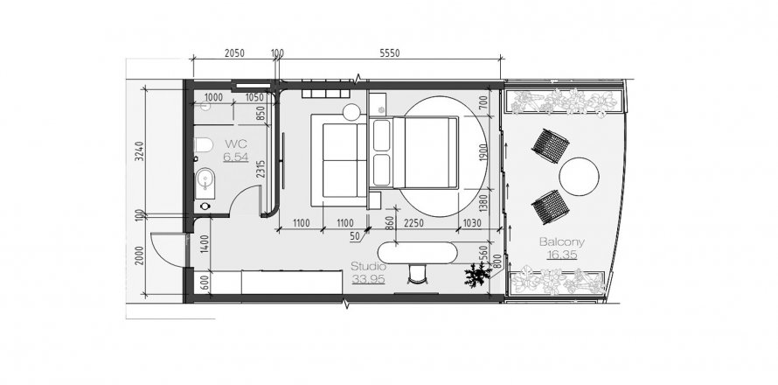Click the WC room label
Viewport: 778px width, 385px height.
click(x=236, y=144)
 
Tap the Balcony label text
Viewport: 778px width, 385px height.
click(x=562, y=242)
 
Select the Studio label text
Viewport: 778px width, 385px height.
click(x=368, y=266)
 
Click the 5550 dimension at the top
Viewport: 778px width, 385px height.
click(x=390, y=53)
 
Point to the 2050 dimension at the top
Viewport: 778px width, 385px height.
click(x=234, y=53)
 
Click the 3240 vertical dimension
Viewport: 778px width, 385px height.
click(x=139, y=152)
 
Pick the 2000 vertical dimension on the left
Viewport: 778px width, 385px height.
click(x=139, y=255)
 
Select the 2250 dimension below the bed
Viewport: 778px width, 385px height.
click(x=413, y=223)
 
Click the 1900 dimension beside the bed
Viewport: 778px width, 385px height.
click(x=484, y=152)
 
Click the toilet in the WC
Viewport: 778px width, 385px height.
click(x=204, y=144)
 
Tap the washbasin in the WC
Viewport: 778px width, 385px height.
click(x=205, y=183)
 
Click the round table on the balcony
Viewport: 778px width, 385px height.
click(x=579, y=177)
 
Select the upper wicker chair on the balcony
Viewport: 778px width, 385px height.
click(x=550, y=145)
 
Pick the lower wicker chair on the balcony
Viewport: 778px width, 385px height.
click(x=550, y=206)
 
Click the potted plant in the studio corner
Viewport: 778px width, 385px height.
click(x=477, y=275)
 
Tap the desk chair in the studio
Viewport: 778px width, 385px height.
click(x=417, y=274)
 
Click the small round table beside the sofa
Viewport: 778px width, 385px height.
click(x=351, y=112)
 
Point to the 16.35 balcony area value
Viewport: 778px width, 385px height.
click(x=562, y=255)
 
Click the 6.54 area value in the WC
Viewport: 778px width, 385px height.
click(x=236, y=157)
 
